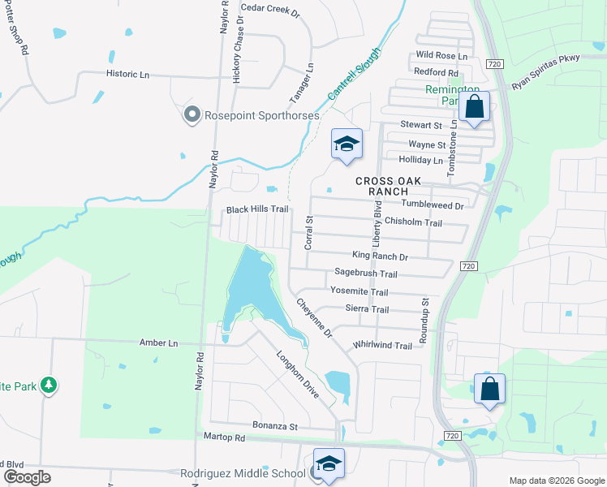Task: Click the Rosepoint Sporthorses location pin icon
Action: [x=192, y=115]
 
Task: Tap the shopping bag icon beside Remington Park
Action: [x=475, y=107]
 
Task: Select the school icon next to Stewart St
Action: [x=347, y=144]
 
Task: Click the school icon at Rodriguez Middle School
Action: [x=329, y=463]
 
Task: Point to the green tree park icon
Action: [x=49, y=385]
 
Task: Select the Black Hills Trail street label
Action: [x=257, y=209]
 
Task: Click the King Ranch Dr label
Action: [x=379, y=256]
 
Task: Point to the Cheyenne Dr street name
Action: [x=315, y=318]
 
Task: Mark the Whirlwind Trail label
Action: [x=382, y=345]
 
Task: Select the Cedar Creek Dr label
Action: [x=270, y=12]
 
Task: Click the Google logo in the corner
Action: [x=28, y=477]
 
